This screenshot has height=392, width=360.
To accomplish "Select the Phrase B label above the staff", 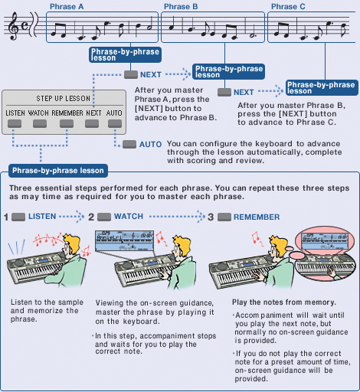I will pos(179,7).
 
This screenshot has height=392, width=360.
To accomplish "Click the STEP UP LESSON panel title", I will pos(64,99).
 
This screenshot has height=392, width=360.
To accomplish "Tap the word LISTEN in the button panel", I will pos(15,113).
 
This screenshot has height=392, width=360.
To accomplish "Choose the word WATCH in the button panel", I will pos(39,113).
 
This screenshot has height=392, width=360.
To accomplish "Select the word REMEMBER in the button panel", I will pos(67,113).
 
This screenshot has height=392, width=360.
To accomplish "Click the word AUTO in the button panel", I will pos(113,113).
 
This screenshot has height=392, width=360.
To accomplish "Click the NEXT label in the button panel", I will pos(94,113).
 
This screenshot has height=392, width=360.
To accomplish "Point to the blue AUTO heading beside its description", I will pos(150,144).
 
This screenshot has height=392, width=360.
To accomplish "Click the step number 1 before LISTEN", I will pos(5,217).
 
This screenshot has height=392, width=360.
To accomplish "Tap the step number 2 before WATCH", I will pos(91,217).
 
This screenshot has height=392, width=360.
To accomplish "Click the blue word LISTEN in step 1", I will pos(42,217).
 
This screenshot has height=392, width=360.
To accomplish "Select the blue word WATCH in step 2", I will pos(129,217).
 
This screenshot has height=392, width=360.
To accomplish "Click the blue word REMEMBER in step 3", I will pos(256,217).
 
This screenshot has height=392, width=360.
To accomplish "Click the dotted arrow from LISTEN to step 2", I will pos(72,217).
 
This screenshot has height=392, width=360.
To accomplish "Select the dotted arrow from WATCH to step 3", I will pos(175,217).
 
